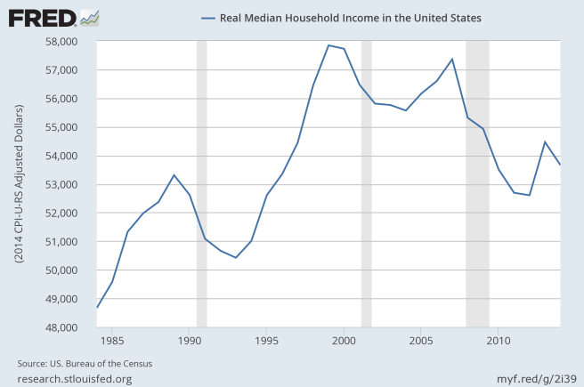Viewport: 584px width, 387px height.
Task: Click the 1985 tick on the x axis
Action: coord(112,340)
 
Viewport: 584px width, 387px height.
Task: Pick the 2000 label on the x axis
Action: coord(344,340)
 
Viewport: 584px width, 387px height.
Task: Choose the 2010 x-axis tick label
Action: coord(499,340)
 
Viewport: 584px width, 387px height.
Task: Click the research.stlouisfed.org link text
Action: coord(75,379)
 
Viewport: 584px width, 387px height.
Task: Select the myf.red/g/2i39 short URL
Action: coord(531,379)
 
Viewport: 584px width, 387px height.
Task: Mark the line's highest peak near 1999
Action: coord(328,45)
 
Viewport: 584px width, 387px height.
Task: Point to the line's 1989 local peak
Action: coord(174,174)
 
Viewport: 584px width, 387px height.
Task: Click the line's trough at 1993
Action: coord(236,257)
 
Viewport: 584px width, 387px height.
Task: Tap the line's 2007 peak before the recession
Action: coord(452,59)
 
